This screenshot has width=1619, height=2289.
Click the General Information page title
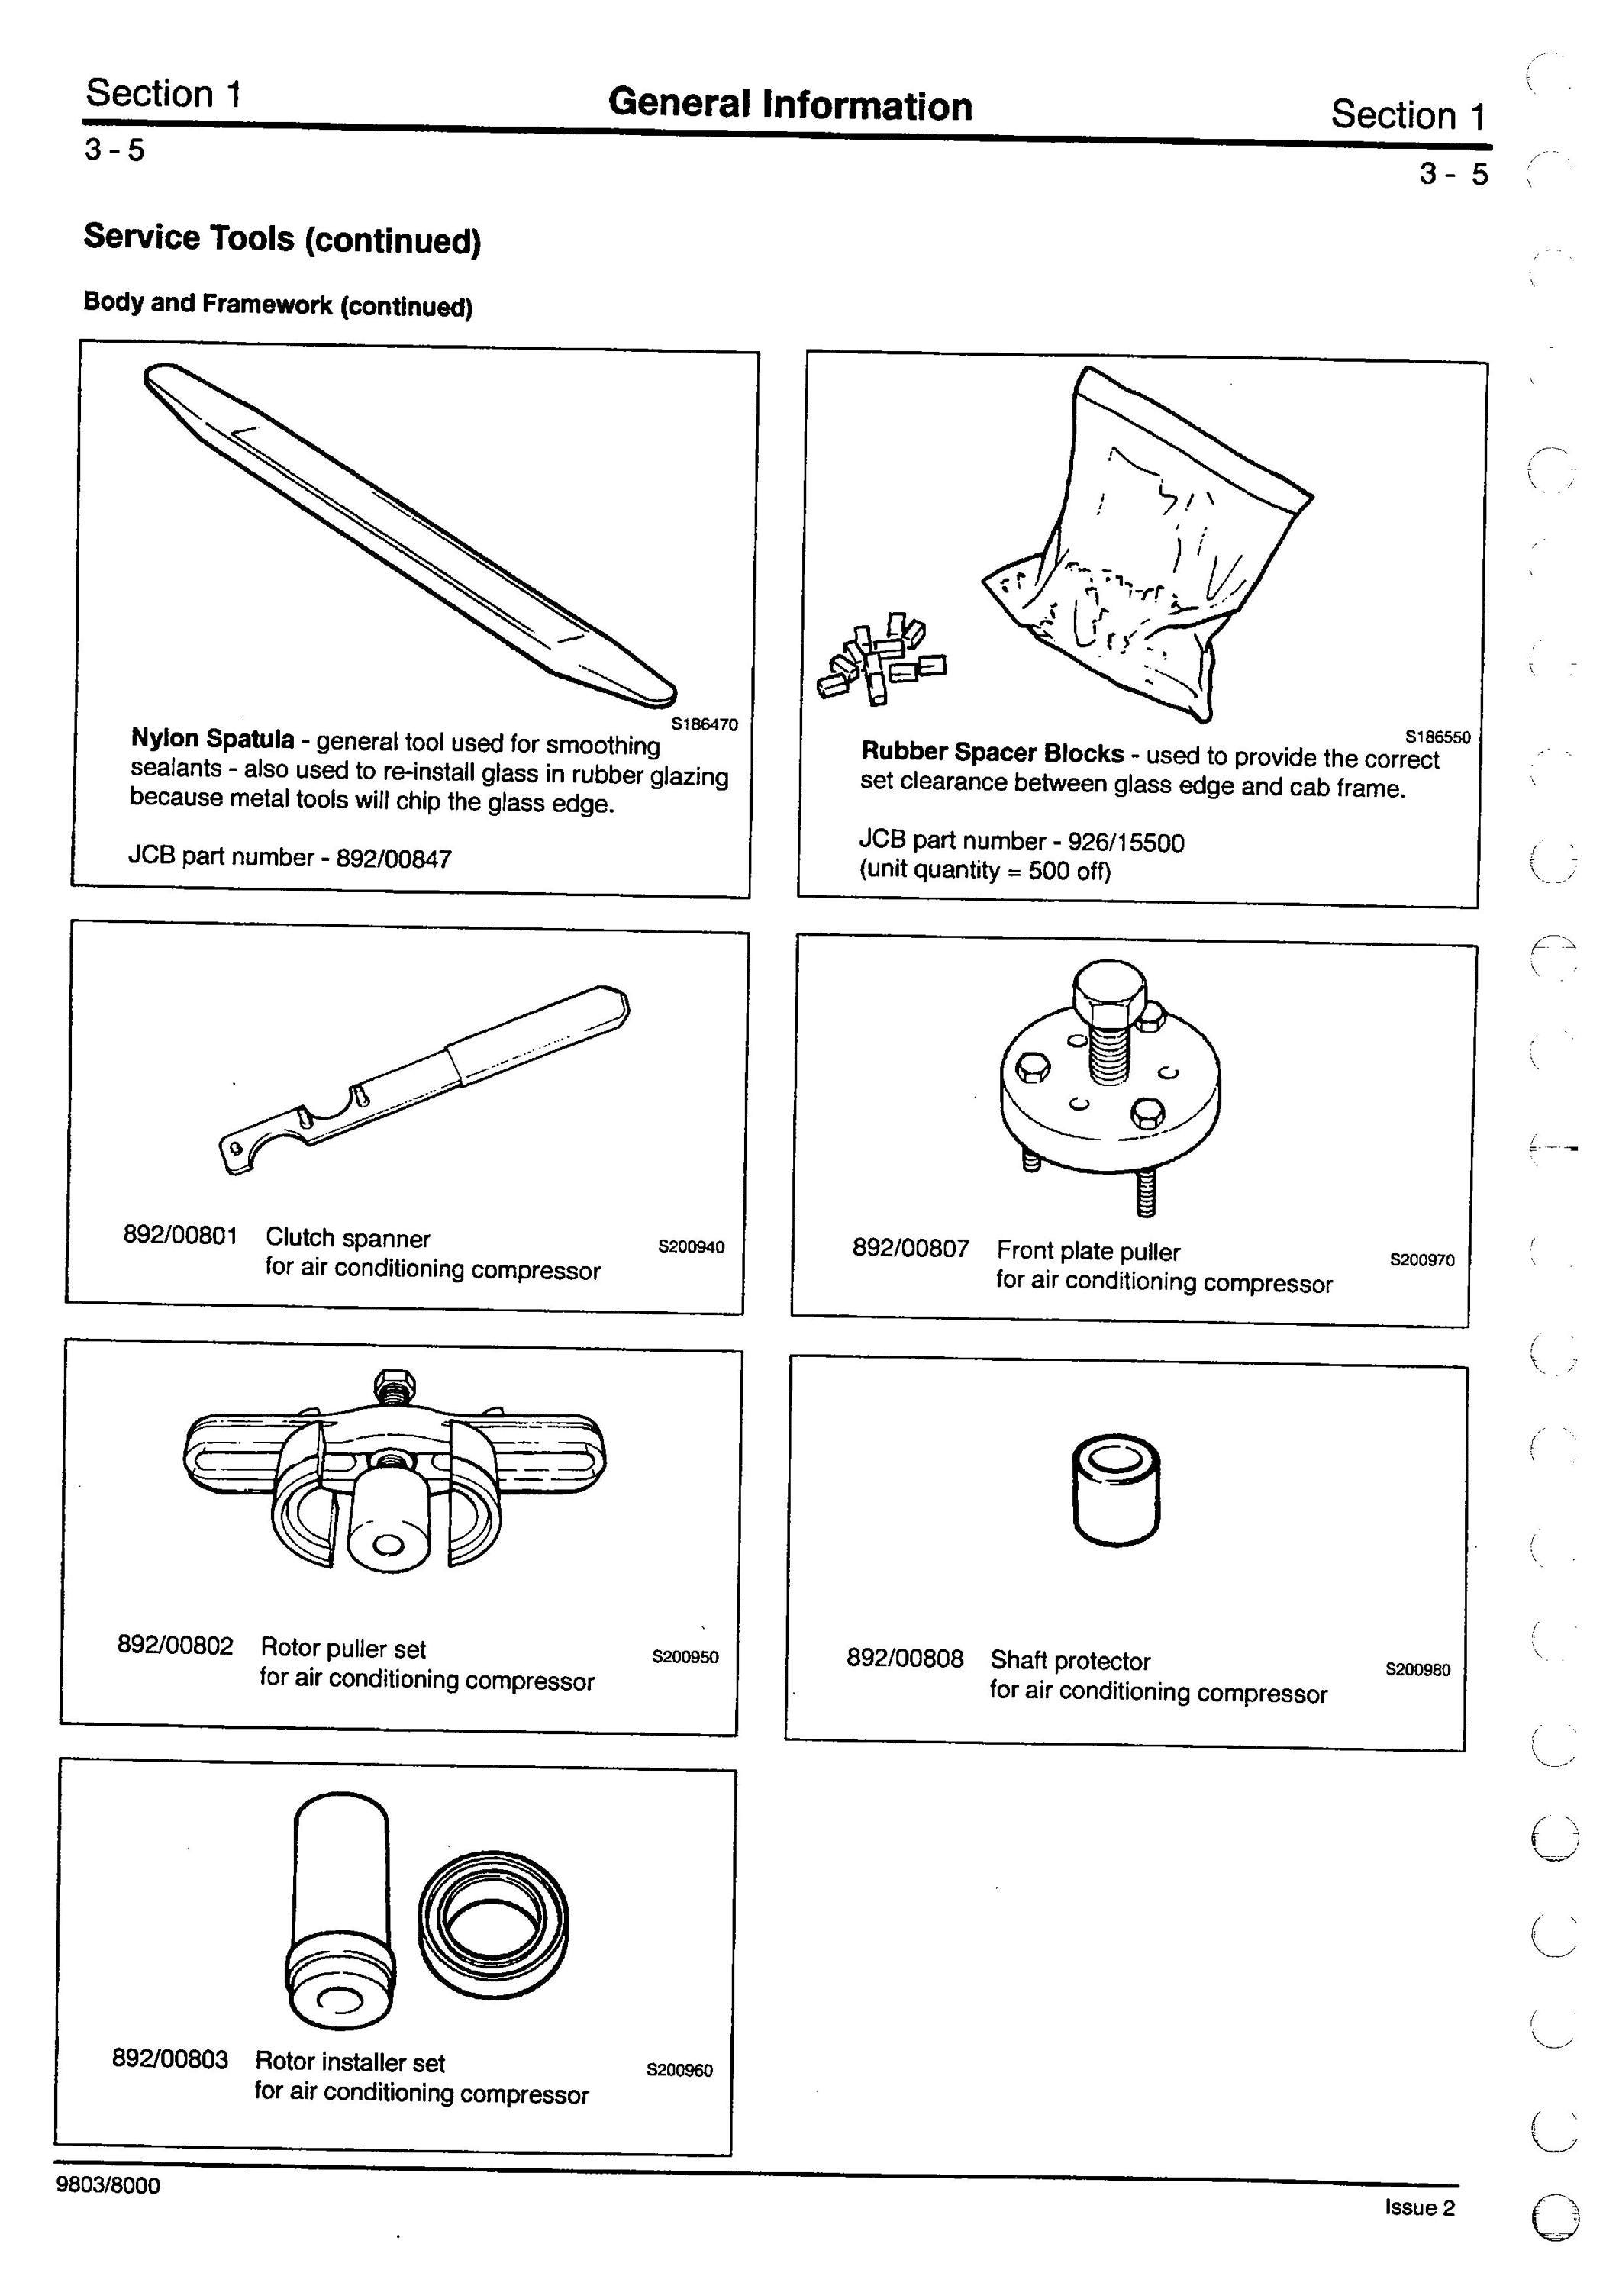(789, 105)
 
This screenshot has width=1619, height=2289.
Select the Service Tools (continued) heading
(282, 239)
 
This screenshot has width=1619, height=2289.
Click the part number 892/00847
(394, 857)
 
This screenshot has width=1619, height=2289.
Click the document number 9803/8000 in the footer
(108, 2184)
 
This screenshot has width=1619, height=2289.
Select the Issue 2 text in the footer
(1418, 2207)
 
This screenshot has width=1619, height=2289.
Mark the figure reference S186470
(705, 725)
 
